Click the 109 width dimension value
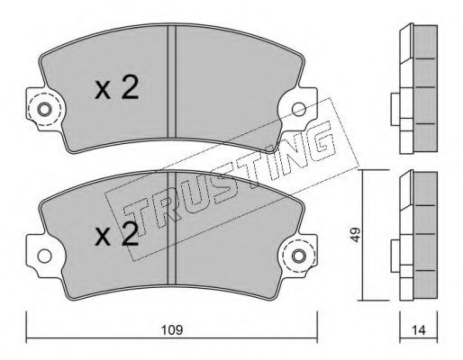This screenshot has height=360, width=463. tap(172, 330)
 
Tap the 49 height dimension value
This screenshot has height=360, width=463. tap(356, 235)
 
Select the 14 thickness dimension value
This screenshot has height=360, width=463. tap(419, 330)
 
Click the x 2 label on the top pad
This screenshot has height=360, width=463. tap(116, 87)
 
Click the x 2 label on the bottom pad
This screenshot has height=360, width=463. tap(116, 234)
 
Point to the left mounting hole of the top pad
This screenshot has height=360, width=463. tap(44, 110)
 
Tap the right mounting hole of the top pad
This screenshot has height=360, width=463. tap(299, 109)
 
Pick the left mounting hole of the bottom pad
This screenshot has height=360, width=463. tap(44, 256)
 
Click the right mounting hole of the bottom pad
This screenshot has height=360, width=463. tap(299, 256)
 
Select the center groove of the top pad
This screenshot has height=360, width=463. tap(171, 82)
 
